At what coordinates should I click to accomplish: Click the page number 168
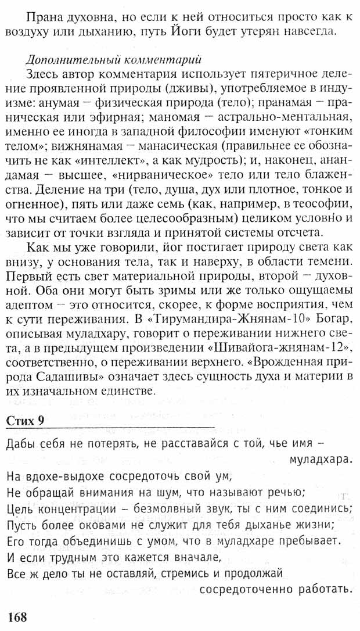coord(17,616)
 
